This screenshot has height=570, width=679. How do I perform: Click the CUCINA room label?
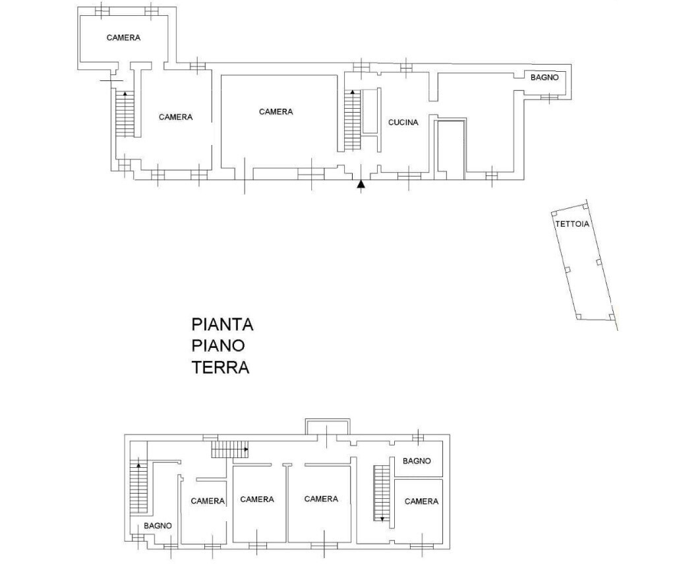pos(403,122)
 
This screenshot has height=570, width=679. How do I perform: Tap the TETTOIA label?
pos(572,224)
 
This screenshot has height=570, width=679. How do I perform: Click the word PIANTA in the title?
pos(222,324)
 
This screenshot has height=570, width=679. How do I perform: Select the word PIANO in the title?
pos(218,345)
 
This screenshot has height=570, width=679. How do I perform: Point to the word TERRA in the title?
pos(220,367)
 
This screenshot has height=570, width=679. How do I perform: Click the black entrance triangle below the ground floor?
pos(361,185)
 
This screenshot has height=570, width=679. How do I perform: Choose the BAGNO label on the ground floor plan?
pos(545,77)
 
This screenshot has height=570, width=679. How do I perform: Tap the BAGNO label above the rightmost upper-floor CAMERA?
pos(417,461)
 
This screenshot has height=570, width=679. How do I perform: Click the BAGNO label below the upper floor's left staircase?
pos(158,525)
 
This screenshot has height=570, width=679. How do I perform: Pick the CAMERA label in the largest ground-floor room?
pos(276,112)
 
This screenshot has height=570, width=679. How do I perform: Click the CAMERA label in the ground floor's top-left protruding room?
pos(123,38)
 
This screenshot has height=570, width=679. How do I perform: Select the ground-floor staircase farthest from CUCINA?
pos(125,113)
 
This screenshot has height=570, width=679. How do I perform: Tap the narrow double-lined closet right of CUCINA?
pos(451,149)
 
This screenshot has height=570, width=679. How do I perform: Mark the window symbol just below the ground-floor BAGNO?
pos(549,98)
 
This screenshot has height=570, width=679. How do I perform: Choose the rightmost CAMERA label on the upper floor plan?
pos(421,501)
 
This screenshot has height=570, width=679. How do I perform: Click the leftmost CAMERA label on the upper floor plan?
pos(208,501)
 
